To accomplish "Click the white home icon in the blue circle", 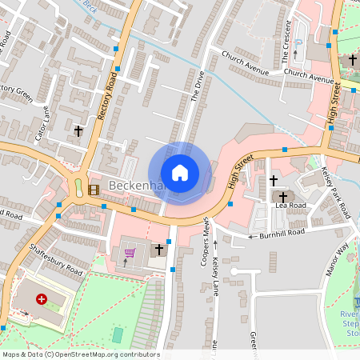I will pos(179,173).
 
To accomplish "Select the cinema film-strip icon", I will pos(95,190).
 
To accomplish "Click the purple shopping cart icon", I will pos(130,254).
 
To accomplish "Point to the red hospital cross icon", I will pos(42,299).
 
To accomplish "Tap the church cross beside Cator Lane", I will pos(78,130).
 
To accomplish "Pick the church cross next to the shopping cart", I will pos(158,250).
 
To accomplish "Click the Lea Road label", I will pos(290,206).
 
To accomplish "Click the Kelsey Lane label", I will pos(214,283).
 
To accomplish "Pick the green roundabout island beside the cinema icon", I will pos(79,189).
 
